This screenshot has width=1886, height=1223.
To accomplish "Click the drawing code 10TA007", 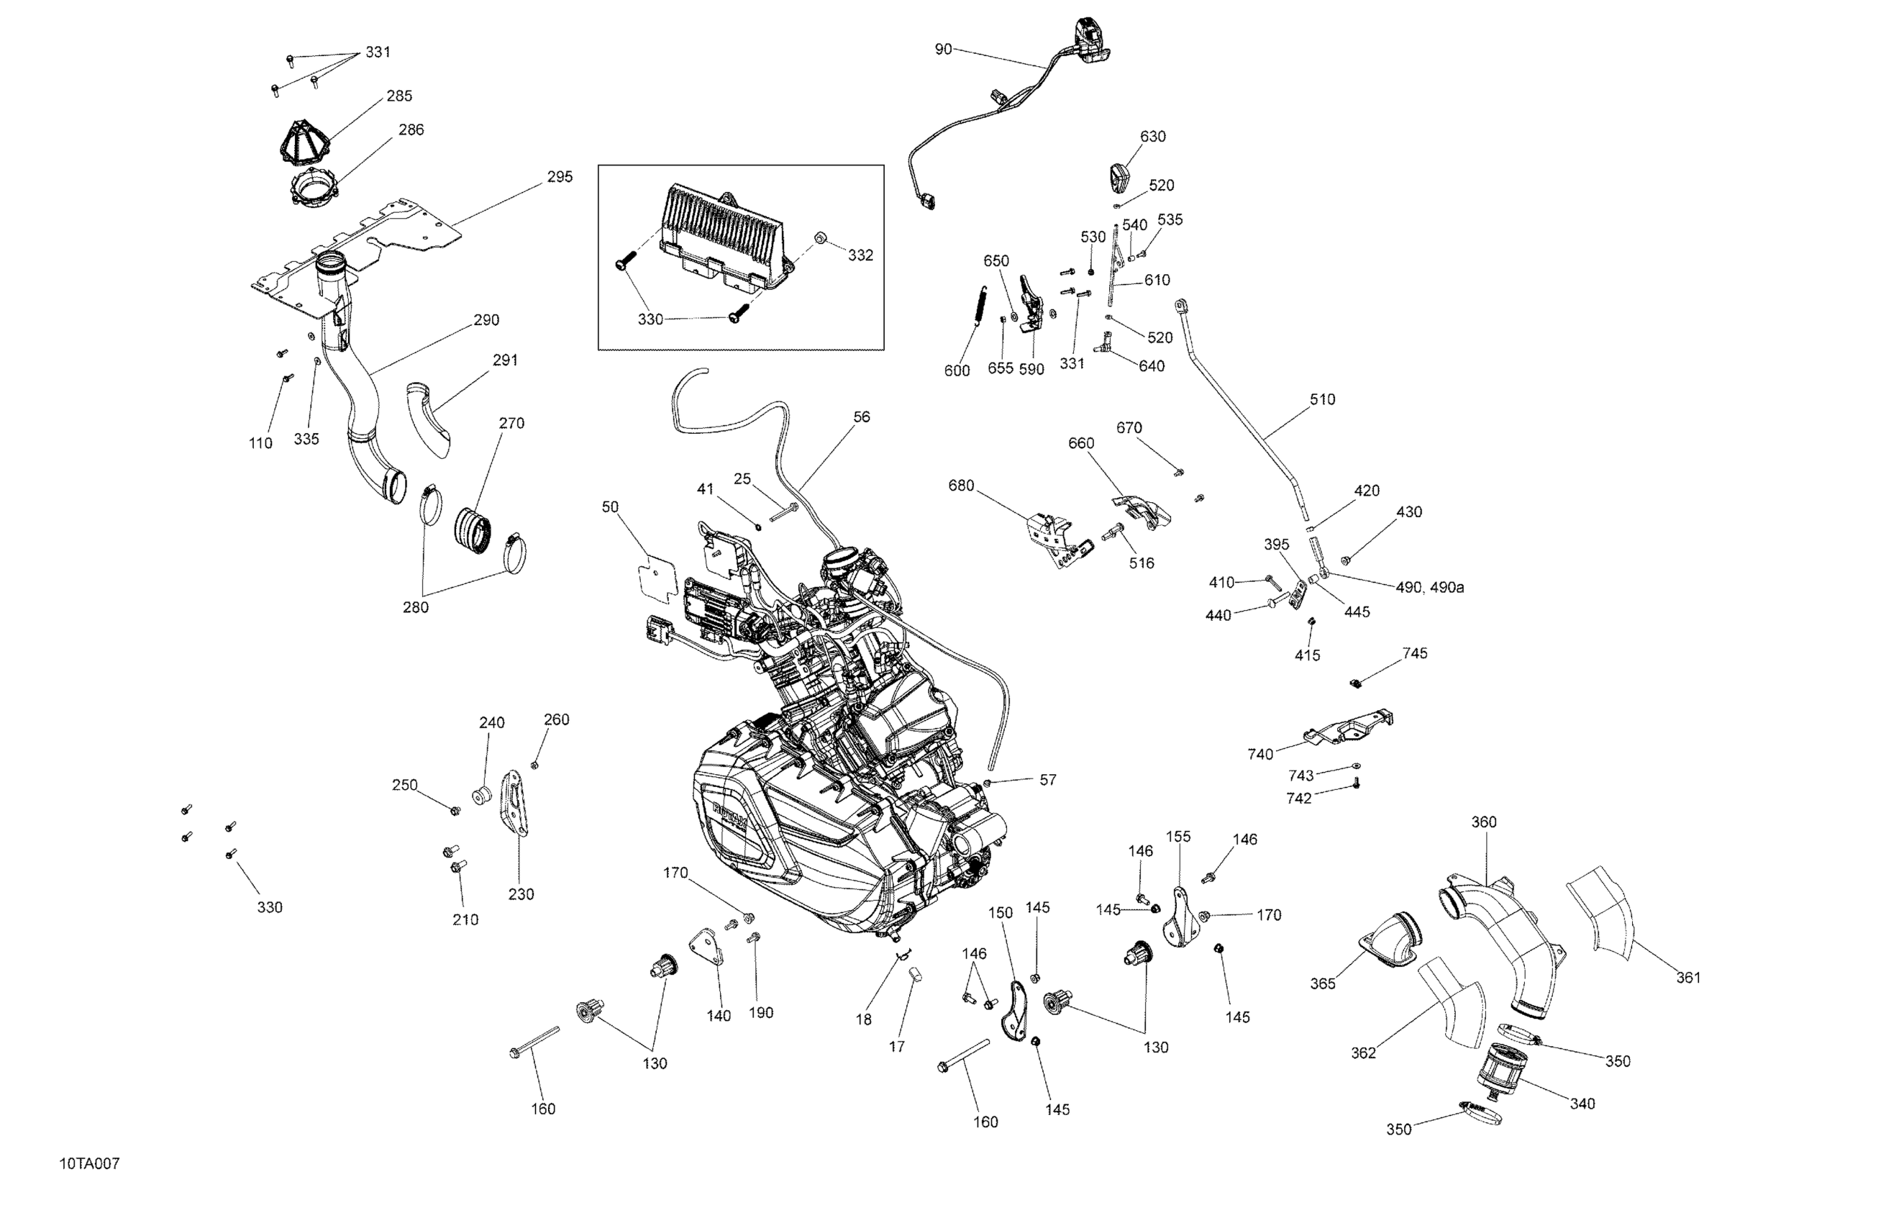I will click(88, 1163).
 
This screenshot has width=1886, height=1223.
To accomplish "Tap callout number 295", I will click(560, 177).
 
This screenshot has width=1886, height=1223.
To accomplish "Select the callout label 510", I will click(1322, 399).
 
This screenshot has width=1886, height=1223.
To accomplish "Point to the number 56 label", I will click(862, 417).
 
